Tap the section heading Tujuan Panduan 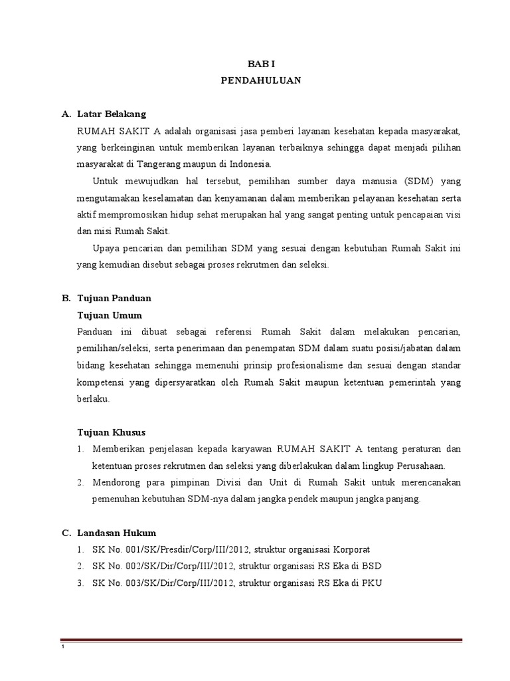[114, 298]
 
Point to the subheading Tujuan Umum [110, 315]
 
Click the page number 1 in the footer [62, 648]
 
